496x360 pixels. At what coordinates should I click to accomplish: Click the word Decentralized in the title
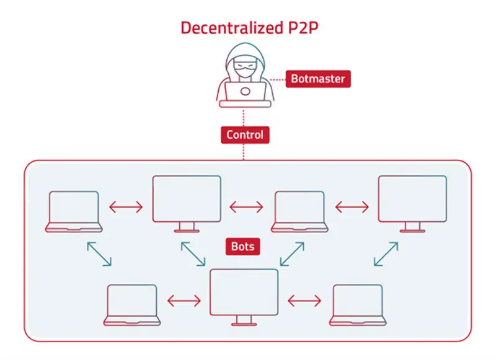click(x=232, y=28)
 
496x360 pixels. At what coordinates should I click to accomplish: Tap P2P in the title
click(x=303, y=28)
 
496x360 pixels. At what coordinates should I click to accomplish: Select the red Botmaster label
click(x=318, y=79)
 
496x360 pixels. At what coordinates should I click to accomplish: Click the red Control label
click(x=245, y=135)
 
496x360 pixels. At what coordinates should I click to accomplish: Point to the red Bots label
click(x=242, y=246)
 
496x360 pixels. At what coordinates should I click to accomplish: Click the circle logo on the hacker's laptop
click(x=245, y=92)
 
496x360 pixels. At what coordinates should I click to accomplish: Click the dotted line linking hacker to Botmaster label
click(x=277, y=79)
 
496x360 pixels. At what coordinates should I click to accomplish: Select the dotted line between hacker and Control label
click(x=244, y=118)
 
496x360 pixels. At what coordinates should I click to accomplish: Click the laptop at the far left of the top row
click(x=74, y=211)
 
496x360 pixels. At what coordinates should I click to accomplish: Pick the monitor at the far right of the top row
click(x=412, y=204)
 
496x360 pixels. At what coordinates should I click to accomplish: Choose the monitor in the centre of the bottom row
click(x=244, y=297)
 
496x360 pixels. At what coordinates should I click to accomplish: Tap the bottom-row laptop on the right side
click(x=358, y=305)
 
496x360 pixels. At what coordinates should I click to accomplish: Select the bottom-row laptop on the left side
click(x=132, y=305)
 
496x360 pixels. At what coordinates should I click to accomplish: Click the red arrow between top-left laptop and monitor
click(x=126, y=208)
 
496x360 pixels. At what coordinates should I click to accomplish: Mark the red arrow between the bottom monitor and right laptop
click(x=304, y=301)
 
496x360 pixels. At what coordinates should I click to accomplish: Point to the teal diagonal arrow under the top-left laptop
click(x=99, y=254)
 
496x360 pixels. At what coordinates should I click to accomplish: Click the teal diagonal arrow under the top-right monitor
click(x=386, y=254)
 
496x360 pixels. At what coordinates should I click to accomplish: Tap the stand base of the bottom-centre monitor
click(x=244, y=324)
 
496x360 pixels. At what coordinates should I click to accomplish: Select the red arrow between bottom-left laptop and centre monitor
click(x=184, y=301)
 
